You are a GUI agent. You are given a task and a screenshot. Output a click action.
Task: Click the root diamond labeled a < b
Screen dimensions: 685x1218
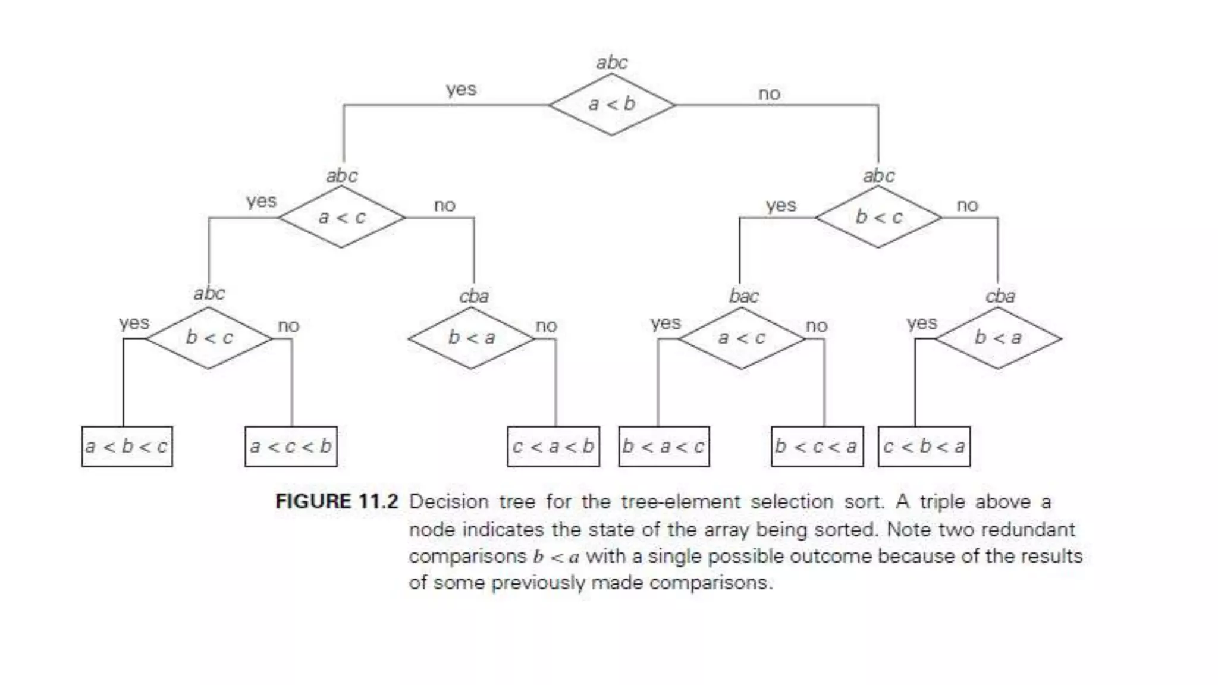click(611, 105)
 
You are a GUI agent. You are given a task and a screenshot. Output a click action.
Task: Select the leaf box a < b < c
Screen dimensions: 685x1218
click(127, 446)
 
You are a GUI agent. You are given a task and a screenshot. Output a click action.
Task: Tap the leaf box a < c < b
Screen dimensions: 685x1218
click(291, 446)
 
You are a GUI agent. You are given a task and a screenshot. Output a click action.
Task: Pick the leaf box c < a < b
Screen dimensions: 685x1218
click(553, 446)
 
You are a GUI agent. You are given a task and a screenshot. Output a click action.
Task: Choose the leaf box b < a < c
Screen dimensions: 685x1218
click(664, 446)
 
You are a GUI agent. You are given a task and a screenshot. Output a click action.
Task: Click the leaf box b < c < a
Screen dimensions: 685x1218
click(817, 446)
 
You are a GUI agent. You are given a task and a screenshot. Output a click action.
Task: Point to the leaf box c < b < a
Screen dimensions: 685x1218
click(924, 446)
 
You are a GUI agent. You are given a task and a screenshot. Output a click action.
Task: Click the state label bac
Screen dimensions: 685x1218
click(743, 296)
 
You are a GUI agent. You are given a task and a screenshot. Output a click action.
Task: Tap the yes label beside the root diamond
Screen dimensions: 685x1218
click(461, 89)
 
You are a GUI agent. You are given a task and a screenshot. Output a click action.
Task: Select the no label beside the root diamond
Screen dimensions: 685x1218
click(769, 94)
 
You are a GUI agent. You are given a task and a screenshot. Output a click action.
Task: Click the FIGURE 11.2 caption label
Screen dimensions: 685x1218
click(336, 501)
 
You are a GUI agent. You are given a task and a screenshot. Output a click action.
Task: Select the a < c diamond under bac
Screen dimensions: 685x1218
click(741, 338)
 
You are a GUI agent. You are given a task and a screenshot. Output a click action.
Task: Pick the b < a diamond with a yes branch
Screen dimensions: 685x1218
click(997, 338)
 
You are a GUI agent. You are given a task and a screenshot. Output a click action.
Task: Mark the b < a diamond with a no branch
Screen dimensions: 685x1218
click(471, 338)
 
